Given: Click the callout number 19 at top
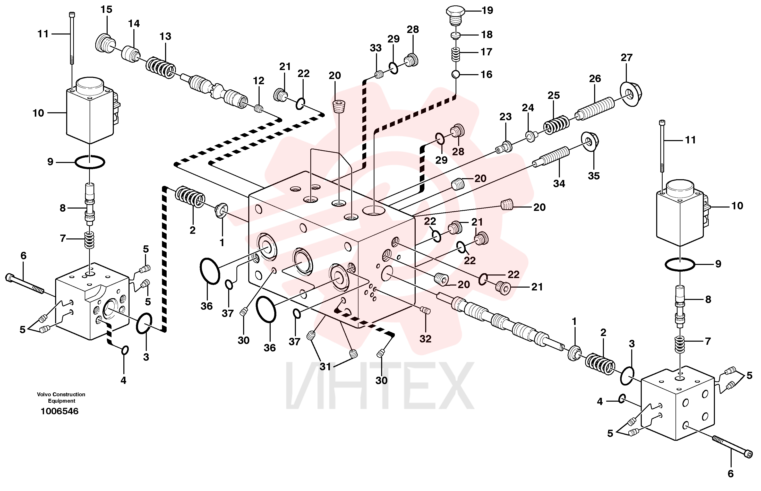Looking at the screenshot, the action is [487, 11].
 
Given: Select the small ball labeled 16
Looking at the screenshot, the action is [456, 75].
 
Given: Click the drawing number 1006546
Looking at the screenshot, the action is [59, 411].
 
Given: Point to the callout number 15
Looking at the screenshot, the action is [106, 10].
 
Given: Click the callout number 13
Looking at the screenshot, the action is [165, 36].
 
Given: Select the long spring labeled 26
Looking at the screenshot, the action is [595, 108].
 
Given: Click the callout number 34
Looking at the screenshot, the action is [559, 183].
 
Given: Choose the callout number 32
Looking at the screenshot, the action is [425, 339].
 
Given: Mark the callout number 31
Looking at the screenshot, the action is [325, 367].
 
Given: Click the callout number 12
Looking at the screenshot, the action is [259, 81].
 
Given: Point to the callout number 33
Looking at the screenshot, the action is [375, 48].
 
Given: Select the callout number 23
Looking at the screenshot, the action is [505, 117].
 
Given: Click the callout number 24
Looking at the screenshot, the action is [528, 108].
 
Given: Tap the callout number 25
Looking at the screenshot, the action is [554, 95].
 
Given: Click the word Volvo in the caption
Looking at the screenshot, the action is [44, 394].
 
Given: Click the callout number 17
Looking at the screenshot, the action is [486, 52].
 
